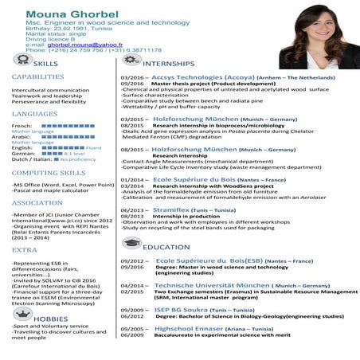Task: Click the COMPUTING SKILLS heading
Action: pyautogui.click(x=49, y=172)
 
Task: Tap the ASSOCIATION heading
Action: pyautogui.click(x=37, y=202)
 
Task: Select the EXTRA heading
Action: pyautogui.click(x=24, y=249)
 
